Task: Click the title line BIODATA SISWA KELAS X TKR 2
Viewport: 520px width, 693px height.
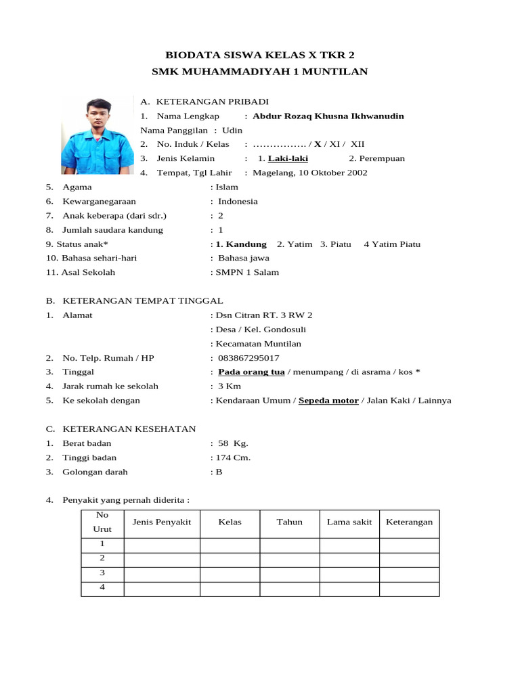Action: pos(260,55)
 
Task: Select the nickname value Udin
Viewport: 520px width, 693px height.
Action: pos(232,130)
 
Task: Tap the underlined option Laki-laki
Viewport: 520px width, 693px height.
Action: pos(288,158)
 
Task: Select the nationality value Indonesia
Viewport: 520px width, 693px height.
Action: pos(238,201)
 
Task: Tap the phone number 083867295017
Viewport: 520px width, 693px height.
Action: pos(248,358)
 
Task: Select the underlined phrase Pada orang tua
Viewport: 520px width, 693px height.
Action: pos(251,372)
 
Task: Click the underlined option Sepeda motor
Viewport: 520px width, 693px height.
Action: pos(328,400)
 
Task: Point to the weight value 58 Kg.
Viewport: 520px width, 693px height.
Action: pos(233,443)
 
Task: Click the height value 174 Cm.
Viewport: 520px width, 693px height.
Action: pos(233,457)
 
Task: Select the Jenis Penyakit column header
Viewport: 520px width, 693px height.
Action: pos(162,522)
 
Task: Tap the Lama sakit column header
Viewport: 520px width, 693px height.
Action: pos(349,522)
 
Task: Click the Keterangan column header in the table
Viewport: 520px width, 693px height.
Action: pos(409,522)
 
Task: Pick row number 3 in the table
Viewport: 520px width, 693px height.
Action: pos(102,573)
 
